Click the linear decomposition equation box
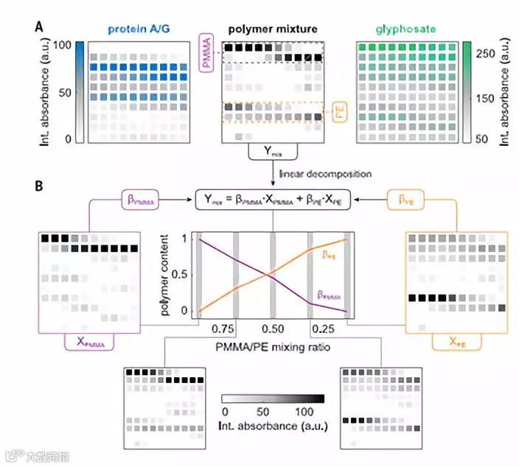(274, 200)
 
